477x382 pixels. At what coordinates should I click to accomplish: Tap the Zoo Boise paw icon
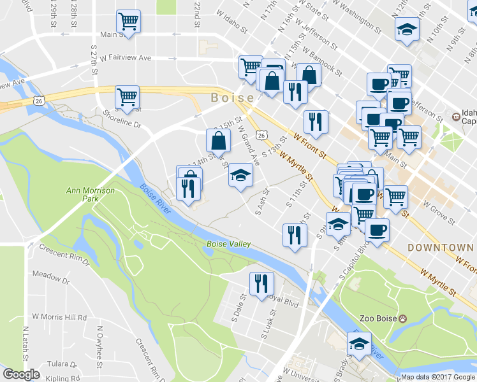pos(404,318)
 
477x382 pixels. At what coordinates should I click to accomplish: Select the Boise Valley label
pos(228,244)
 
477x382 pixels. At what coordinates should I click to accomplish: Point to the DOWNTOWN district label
pos(440,247)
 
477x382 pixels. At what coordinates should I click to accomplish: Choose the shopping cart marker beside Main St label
pos(129,21)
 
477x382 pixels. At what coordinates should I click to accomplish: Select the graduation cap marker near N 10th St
pos(406,29)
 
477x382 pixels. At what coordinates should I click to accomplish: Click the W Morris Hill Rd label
pos(59,316)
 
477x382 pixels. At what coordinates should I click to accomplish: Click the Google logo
pos(21,374)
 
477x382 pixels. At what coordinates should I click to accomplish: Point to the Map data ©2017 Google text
pos(437,376)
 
